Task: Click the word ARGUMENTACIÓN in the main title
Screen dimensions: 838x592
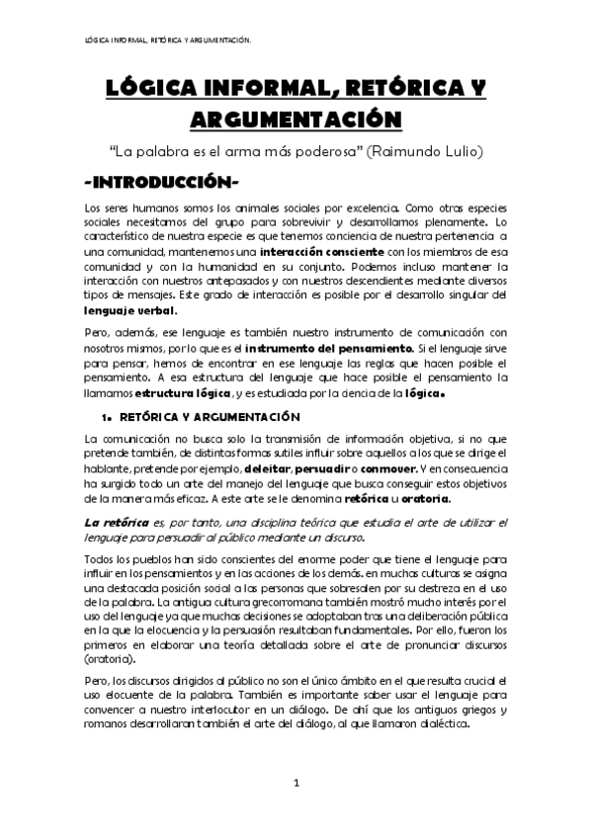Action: [x=296, y=120]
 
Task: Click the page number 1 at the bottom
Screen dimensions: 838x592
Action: [x=296, y=784]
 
